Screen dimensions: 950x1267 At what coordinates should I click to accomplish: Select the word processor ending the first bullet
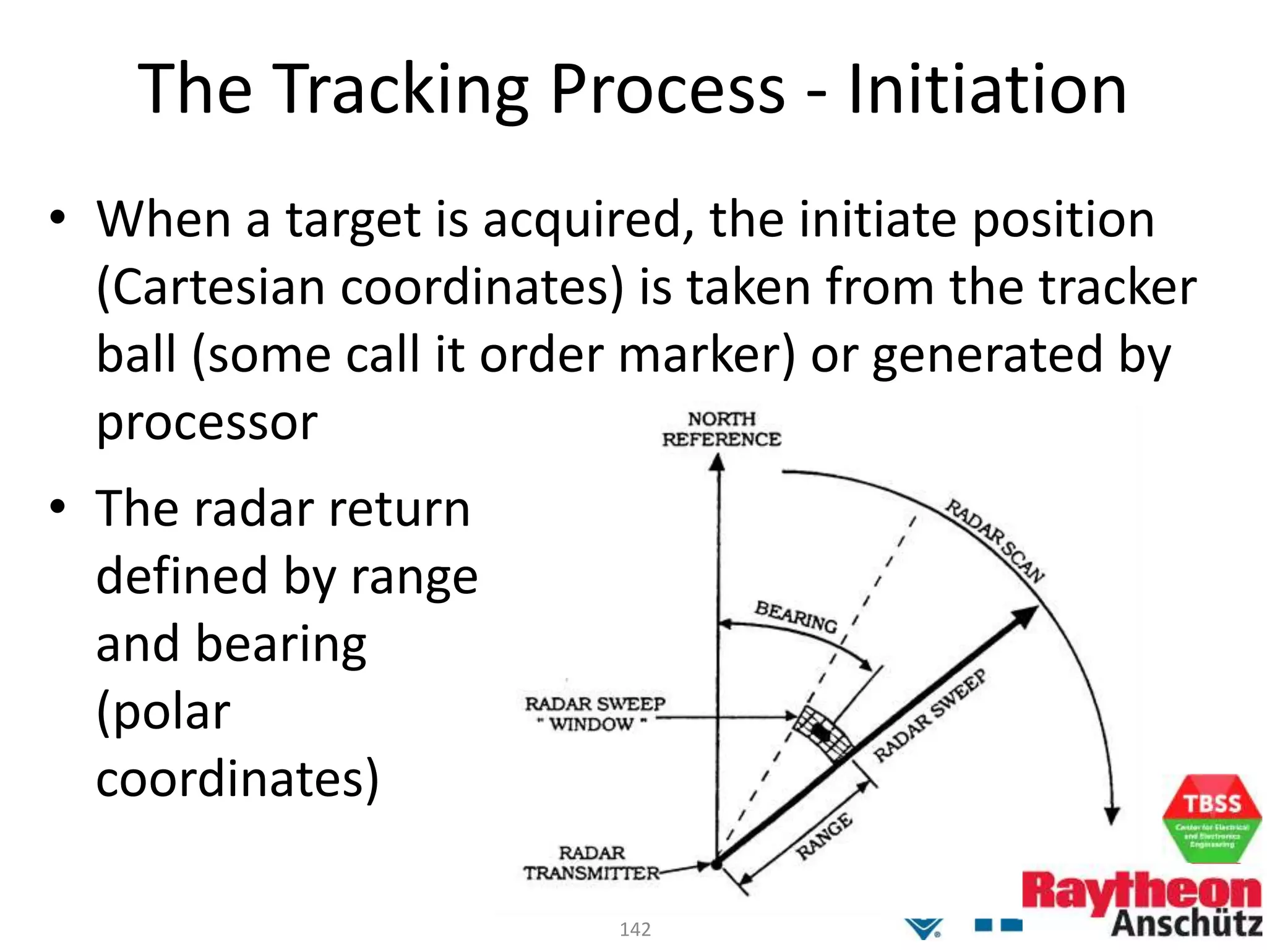(x=207, y=424)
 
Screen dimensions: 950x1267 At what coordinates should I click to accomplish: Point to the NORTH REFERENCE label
(x=721, y=429)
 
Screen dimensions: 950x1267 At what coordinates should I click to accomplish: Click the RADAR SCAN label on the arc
(x=995, y=541)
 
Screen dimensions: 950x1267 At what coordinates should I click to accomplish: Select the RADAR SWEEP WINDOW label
(x=595, y=714)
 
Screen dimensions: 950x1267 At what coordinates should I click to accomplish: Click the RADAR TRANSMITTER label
(x=591, y=863)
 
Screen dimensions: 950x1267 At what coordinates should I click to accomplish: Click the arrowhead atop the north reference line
(x=717, y=463)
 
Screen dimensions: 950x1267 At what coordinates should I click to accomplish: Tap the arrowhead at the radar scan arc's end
(x=1112, y=816)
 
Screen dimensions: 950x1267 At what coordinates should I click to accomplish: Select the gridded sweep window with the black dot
(x=822, y=733)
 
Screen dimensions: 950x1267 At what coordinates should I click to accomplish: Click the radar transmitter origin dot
(x=716, y=865)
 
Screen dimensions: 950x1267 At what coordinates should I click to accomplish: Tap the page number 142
(x=635, y=930)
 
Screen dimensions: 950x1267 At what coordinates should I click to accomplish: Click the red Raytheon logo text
(x=1141, y=891)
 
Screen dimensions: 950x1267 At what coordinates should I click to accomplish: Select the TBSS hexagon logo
(x=1211, y=819)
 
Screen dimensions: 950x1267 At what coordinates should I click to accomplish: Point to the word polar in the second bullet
(x=163, y=711)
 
